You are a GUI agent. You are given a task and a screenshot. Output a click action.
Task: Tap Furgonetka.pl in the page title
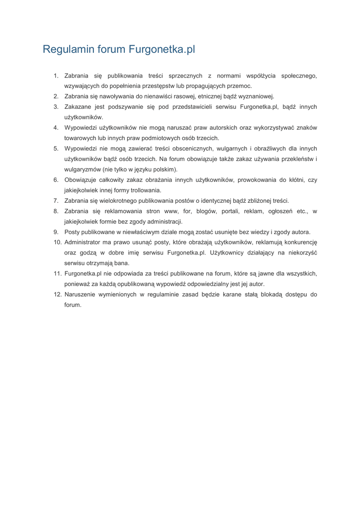coord(162,50)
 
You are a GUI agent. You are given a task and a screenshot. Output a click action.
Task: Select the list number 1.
coord(56,76)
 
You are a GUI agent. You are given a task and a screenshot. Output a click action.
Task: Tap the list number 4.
coord(56,128)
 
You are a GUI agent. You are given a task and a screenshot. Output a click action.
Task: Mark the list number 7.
coord(56,201)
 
